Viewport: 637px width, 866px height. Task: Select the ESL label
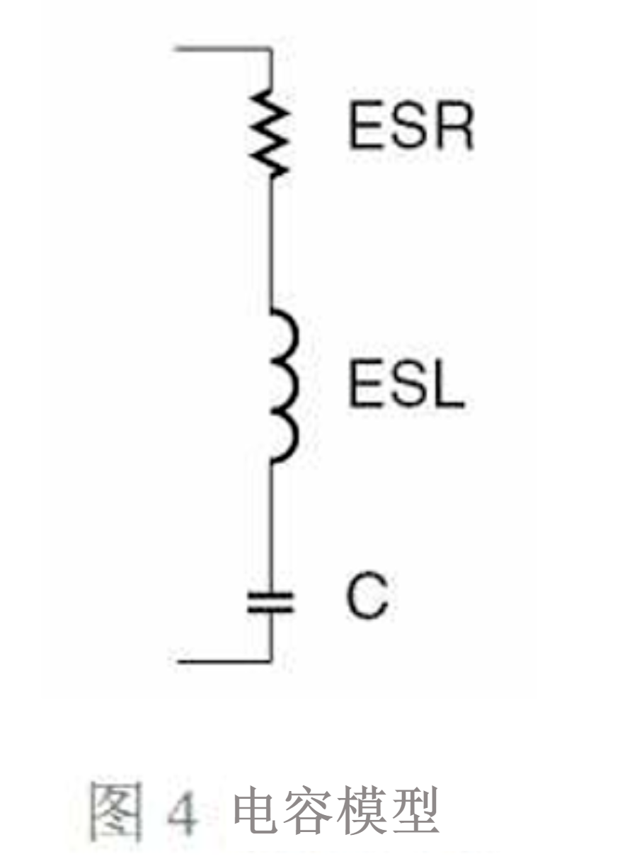(406, 383)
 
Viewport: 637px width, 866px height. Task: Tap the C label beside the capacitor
(367, 601)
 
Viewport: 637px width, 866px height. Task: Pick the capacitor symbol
(270, 603)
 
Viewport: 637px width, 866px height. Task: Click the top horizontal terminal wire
(222, 49)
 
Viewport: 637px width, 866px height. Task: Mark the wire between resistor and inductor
(271, 243)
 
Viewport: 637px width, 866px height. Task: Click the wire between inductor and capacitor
(271, 528)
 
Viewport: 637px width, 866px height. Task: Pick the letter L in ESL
(450, 383)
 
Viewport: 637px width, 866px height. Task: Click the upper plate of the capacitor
(270, 596)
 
